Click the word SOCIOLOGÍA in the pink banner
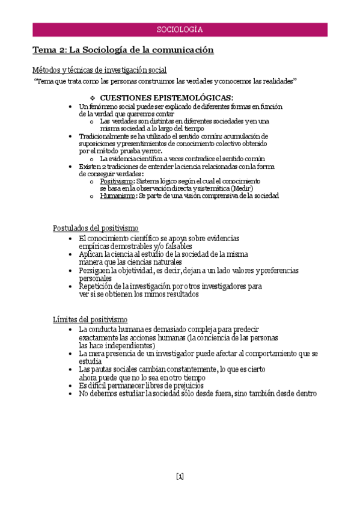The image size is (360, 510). point(179,29)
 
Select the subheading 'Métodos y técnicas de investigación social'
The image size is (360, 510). point(99,70)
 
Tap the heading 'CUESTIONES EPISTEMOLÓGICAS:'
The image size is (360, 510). point(166,97)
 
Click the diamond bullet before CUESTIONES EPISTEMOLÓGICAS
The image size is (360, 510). point(92,97)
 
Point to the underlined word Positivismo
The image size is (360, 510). point(117,180)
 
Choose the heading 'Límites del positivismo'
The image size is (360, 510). point(90,319)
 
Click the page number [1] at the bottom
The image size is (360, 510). point(180,476)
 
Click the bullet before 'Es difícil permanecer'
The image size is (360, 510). point(72,386)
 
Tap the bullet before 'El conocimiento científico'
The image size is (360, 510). point(72,239)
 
